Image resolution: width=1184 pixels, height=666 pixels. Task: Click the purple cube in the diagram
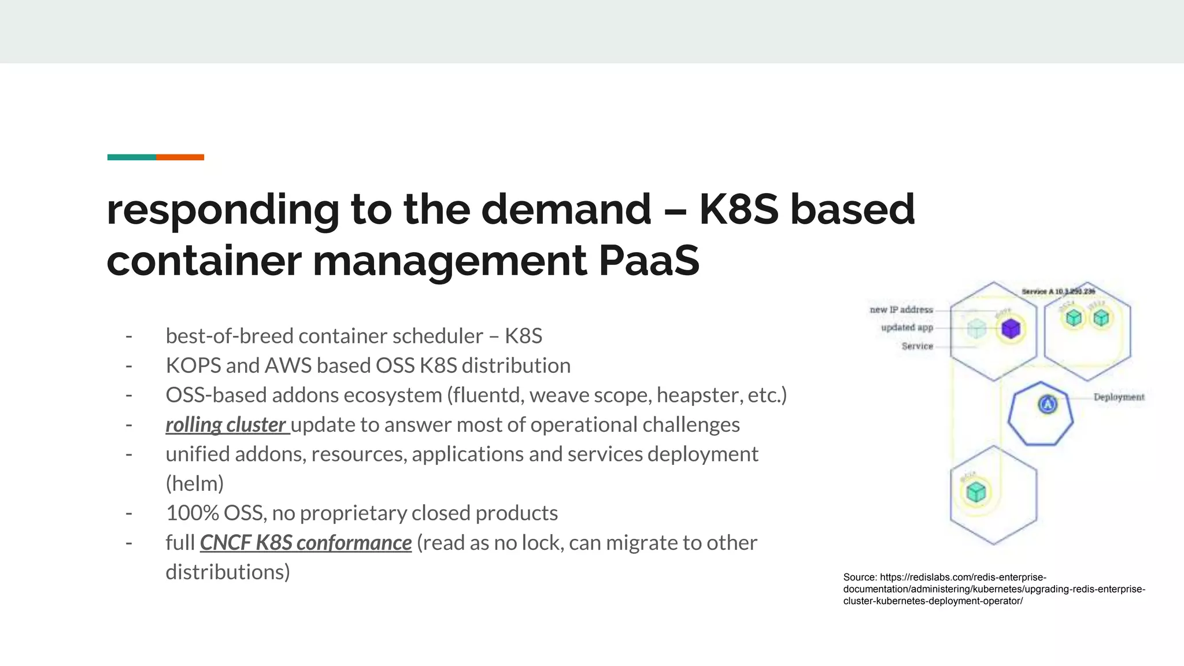pyautogui.click(x=1011, y=329)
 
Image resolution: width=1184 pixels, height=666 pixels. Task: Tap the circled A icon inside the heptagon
pyautogui.click(x=1048, y=404)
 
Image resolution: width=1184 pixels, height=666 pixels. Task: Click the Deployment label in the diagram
pyautogui.click(x=1119, y=397)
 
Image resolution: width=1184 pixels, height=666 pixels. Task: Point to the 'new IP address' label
pyautogui.click(x=901, y=310)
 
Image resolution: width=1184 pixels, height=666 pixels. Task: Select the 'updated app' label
pyautogui.click(x=906, y=328)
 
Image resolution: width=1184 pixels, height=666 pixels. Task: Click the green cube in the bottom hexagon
pyautogui.click(x=976, y=493)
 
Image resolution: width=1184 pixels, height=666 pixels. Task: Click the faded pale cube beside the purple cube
pyautogui.click(x=976, y=329)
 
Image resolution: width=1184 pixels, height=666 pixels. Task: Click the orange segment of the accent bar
pyautogui.click(x=180, y=157)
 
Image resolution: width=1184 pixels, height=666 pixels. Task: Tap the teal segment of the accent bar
pyautogui.click(x=131, y=157)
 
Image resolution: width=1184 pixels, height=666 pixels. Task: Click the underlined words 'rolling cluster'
pyautogui.click(x=226, y=425)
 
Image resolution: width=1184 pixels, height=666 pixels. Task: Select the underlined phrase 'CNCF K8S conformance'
pyautogui.click(x=306, y=543)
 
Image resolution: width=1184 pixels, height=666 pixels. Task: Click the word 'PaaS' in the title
pyautogui.click(x=649, y=261)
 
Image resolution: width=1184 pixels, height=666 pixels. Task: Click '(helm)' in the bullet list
pyautogui.click(x=195, y=484)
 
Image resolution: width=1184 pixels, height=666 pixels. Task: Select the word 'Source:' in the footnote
pyautogui.click(x=860, y=577)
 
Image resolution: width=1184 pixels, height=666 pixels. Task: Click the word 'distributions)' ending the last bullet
pyautogui.click(x=228, y=572)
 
